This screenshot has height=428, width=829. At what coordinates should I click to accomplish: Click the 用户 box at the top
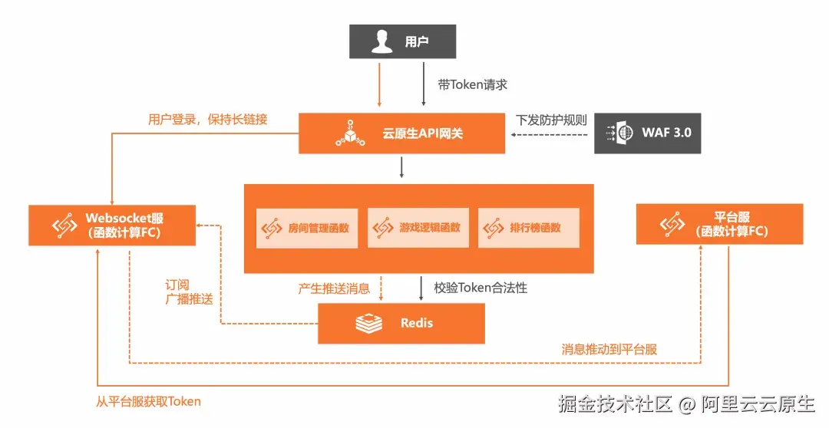402,41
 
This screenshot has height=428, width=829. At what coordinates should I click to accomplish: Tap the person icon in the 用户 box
381,41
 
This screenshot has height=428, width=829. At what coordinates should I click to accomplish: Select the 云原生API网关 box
401,133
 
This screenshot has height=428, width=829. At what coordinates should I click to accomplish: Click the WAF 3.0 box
648,133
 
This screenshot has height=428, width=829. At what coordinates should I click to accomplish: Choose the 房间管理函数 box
306,227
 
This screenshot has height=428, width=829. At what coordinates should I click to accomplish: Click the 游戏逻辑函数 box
418,227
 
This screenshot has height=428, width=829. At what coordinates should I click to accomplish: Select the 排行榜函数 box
528,227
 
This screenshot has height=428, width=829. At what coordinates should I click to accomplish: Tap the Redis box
401,323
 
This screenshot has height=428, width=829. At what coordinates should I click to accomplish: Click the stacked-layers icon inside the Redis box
368,323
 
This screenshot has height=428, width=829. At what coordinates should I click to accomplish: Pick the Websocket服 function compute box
112,225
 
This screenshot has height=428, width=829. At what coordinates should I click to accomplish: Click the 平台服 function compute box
719,224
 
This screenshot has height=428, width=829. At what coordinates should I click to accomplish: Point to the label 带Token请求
472,85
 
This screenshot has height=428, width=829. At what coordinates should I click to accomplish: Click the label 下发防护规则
550,120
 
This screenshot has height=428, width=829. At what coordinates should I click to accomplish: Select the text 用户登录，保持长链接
207,120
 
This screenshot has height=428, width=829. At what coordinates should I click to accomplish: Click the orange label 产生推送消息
334,288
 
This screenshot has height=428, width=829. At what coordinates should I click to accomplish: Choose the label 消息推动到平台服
609,349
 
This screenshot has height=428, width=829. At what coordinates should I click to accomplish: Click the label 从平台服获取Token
149,401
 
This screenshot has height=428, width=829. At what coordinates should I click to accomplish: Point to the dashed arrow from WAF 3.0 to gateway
550,134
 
